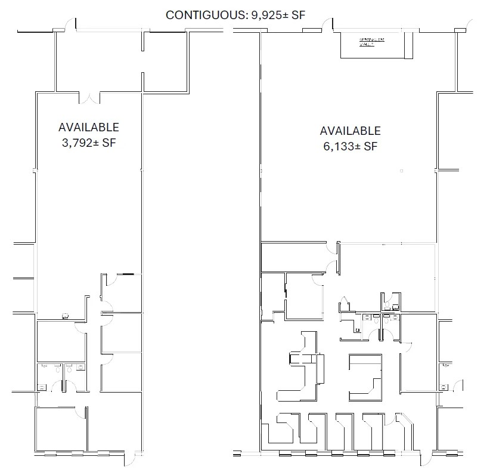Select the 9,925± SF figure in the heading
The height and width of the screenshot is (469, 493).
point(277,15)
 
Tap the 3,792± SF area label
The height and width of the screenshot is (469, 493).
point(88,143)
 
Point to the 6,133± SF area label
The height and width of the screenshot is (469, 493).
point(350,146)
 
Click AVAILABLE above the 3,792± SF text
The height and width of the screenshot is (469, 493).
point(88,127)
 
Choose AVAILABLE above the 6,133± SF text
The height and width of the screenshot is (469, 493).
point(350,131)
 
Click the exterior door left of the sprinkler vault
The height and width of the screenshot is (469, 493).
point(327,24)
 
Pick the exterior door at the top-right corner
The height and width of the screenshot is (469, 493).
point(469,24)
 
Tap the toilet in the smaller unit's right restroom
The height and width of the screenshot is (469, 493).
point(70,369)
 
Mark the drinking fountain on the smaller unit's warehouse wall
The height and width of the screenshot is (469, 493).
point(65,317)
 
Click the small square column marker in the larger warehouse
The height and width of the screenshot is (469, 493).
point(402,171)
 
